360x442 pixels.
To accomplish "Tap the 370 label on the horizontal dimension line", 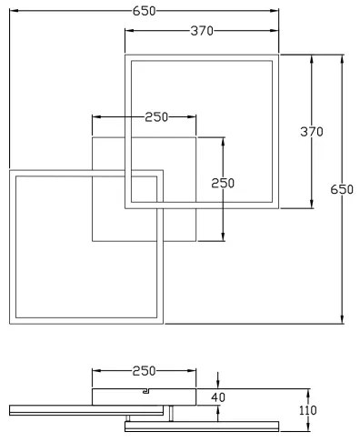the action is (201, 31).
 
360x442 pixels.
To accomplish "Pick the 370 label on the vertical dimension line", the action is (312, 131).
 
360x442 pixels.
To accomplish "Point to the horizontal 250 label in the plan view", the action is (156, 116).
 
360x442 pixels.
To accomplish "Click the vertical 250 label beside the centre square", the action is (223, 182).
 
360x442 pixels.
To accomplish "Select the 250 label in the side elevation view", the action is (144, 371).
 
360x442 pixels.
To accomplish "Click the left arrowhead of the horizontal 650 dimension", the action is (13, 12).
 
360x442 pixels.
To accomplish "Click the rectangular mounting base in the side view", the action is (144, 395).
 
